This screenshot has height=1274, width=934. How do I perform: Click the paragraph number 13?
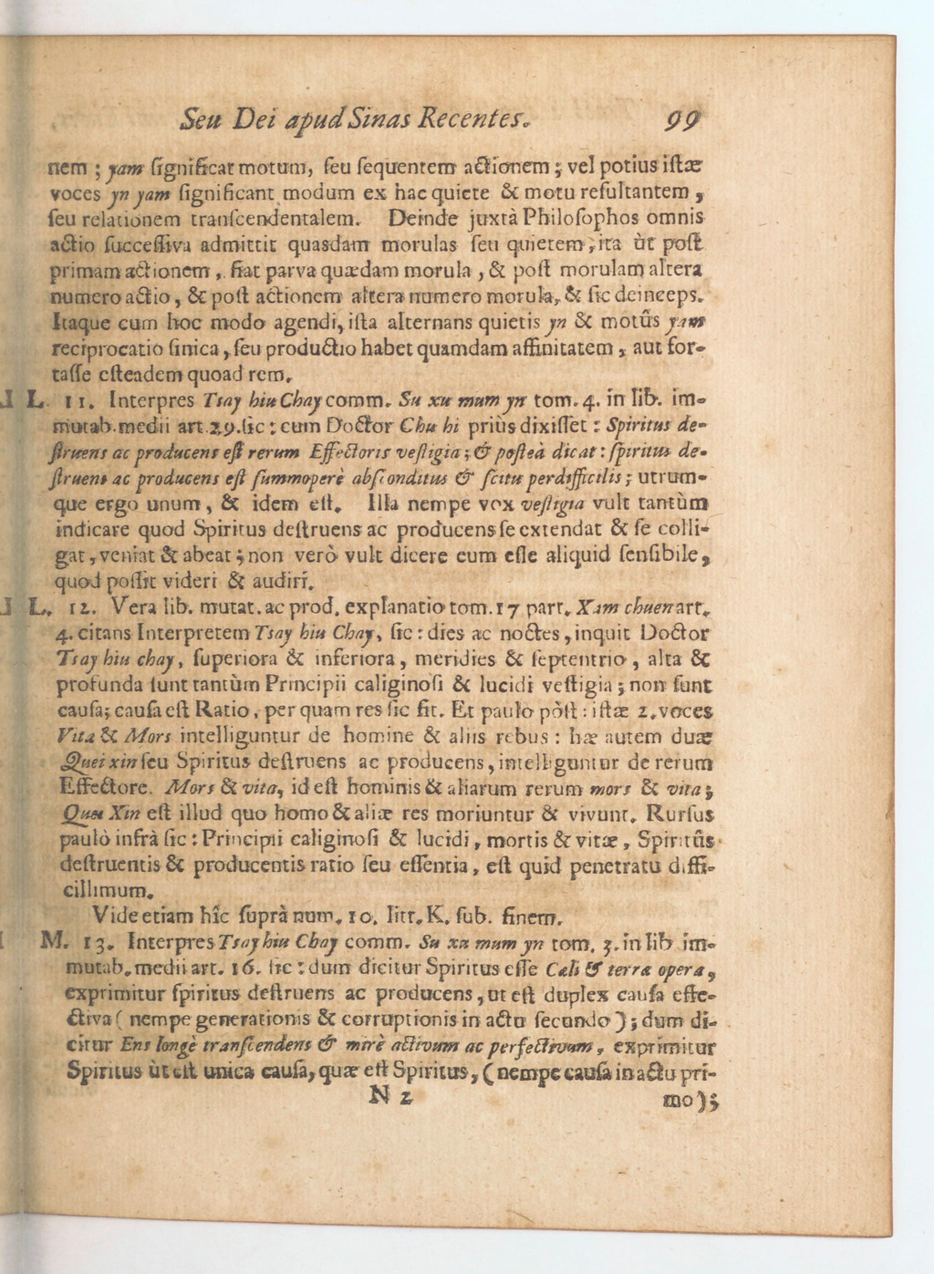[x=91, y=942]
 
